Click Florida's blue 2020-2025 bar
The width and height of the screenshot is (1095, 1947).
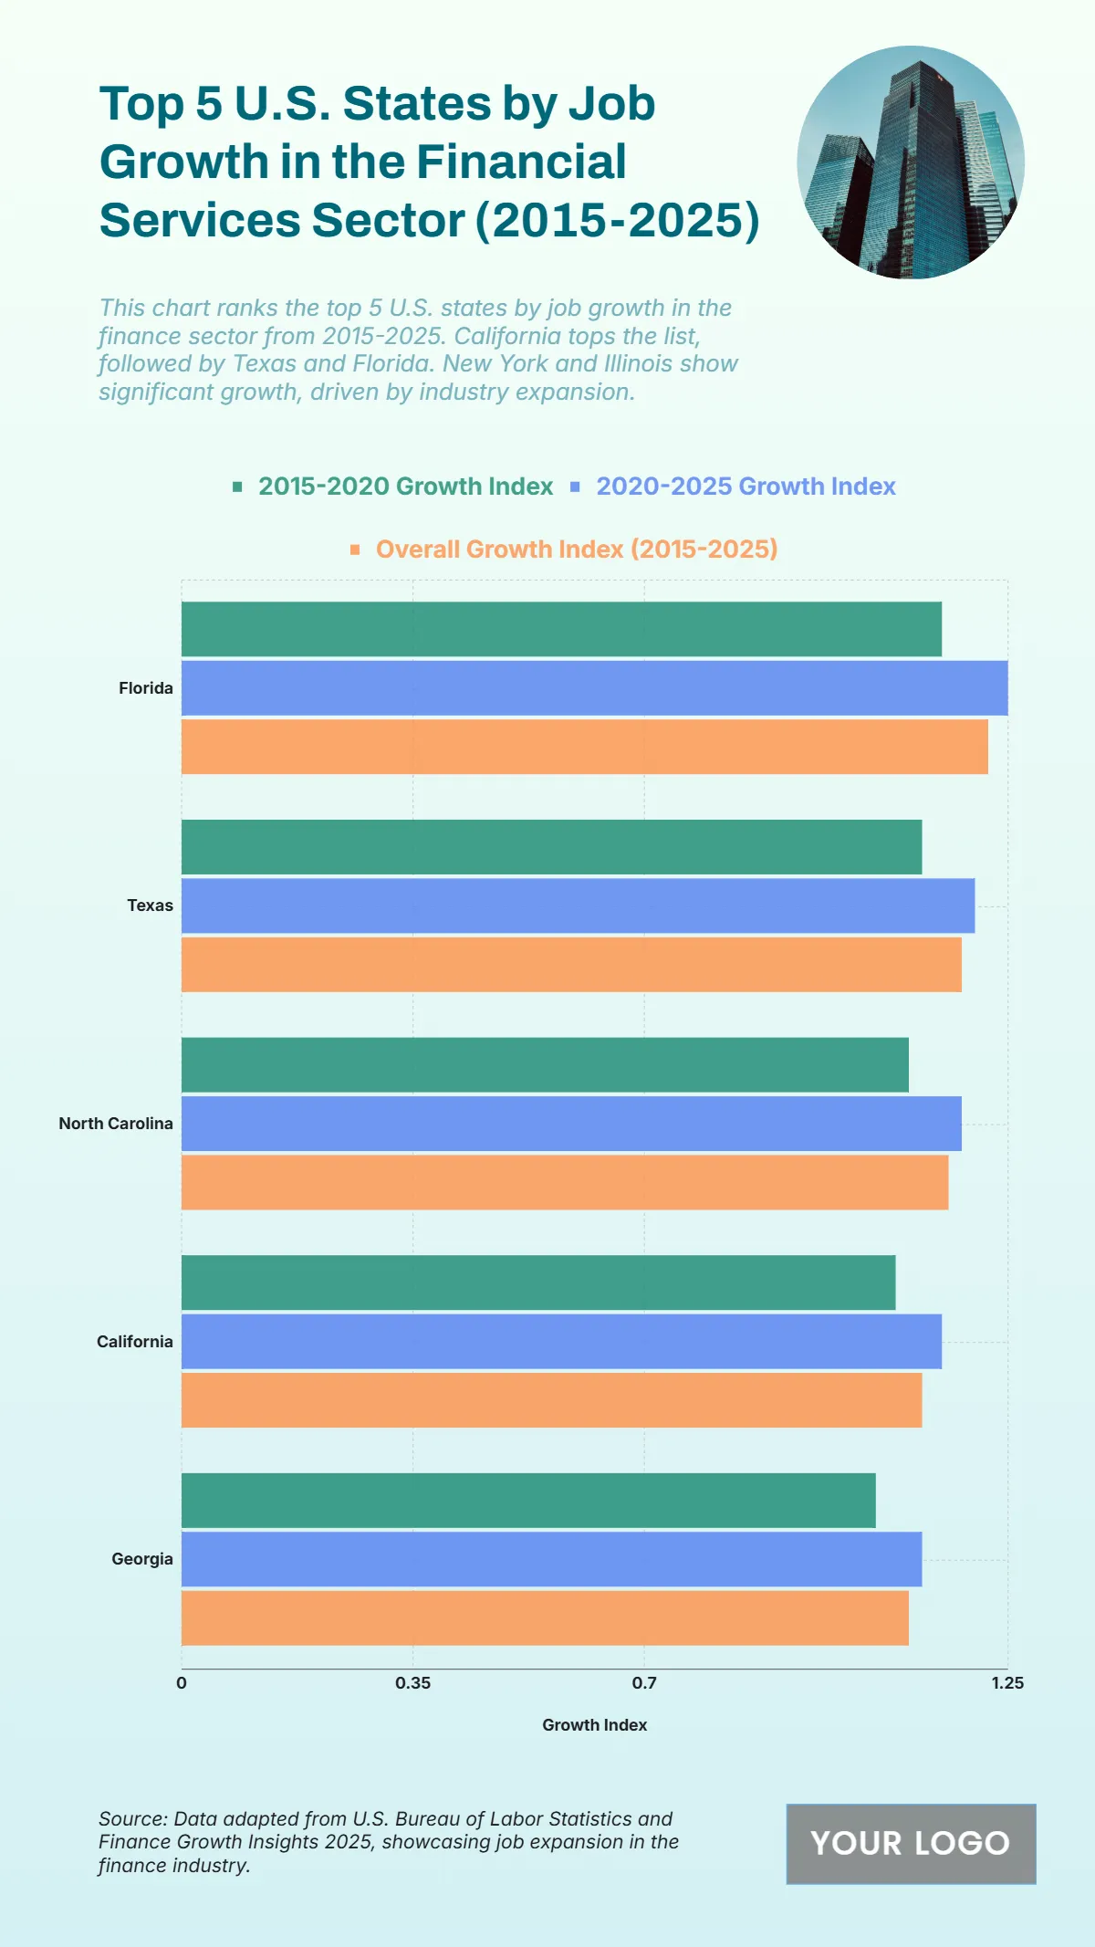[594, 688]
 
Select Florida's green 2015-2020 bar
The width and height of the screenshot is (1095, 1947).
[561, 629]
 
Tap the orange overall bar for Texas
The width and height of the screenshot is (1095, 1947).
[571, 965]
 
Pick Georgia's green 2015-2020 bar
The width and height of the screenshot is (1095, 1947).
[528, 1500]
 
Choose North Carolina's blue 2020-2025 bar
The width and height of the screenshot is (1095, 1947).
[571, 1124]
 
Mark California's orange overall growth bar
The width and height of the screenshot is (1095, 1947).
[551, 1400]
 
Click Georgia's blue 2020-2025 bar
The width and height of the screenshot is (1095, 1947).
[551, 1559]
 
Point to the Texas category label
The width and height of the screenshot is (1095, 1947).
[150, 905]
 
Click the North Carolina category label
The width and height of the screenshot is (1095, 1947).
[116, 1124]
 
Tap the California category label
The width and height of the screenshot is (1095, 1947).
[135, 1342]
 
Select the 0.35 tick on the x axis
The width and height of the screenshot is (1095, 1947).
[412, 1682]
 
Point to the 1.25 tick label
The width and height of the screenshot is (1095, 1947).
[1007, 1682]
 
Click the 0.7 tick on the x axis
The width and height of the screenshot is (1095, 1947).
[644, 1682]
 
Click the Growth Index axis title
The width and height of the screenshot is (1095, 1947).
[594, 1725]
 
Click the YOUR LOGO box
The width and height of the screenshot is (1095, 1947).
[911, 1844]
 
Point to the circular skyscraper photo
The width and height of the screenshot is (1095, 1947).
[911, 162]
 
